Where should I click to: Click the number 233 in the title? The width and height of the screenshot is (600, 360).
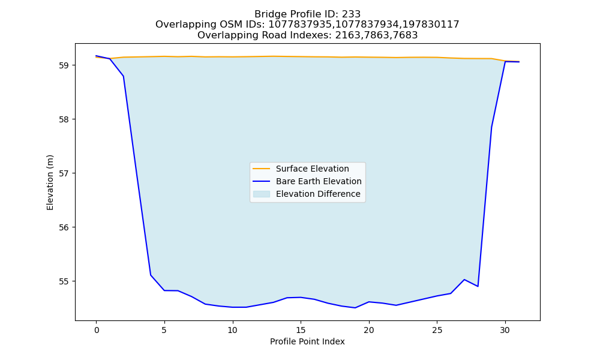click(x=351, y=14)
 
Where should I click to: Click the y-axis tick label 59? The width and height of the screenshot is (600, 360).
click(x=64, y=65)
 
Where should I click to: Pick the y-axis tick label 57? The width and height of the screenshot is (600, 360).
click(x=64, y=173)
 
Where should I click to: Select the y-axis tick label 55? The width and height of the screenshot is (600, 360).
click(x=64, y=281)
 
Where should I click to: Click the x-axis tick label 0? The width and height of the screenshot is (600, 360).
click(x=97, y=330)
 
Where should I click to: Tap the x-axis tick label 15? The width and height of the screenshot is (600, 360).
click(x=301, y=330)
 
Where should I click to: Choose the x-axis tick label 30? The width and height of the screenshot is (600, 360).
click(x=505, y=330)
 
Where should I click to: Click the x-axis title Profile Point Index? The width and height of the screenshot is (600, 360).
click(x=307, y=341)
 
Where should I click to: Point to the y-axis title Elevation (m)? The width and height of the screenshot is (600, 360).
click(x=50, y=182)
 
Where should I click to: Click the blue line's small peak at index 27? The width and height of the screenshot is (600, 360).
click(x=464, y=280)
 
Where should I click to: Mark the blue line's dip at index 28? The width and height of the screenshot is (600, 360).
click(x=478, y=286)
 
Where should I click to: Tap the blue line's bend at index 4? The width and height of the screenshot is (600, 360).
click(x=151, y=275)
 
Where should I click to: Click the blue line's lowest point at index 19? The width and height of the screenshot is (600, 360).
click(x=355, y=308)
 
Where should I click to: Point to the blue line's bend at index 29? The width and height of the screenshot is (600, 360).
click(x=491, y=127)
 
